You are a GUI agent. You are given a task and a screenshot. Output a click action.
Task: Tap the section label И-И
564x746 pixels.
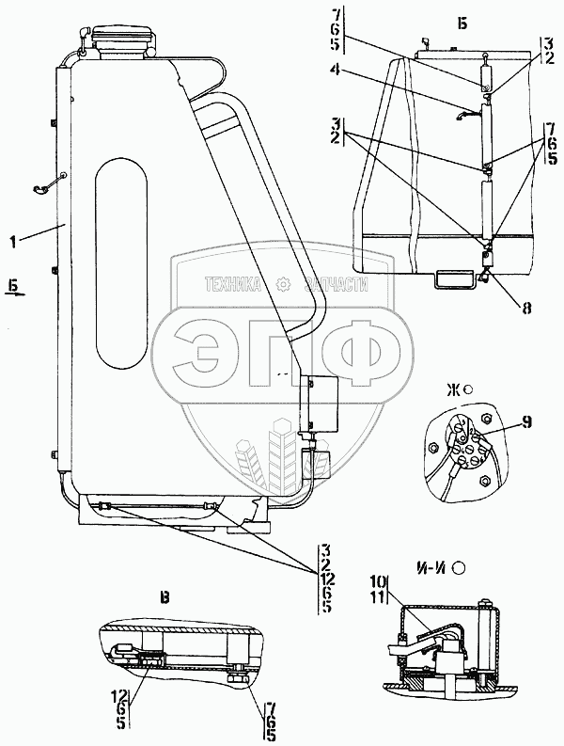(428, 567)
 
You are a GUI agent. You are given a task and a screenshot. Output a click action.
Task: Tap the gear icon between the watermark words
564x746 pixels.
(282, 284)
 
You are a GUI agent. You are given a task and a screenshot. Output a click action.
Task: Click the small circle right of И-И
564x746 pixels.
(460, 567)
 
